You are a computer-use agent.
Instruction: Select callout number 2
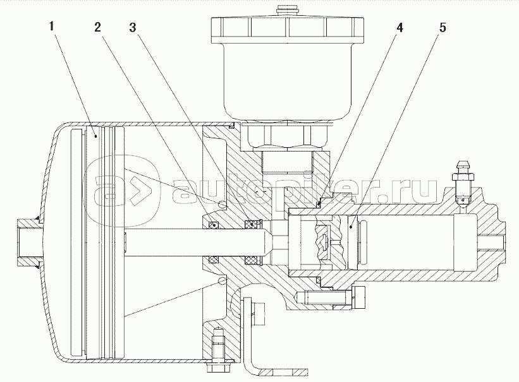(98, 28)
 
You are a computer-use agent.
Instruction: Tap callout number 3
(133, 28)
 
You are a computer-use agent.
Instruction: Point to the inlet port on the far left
(27, 241)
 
